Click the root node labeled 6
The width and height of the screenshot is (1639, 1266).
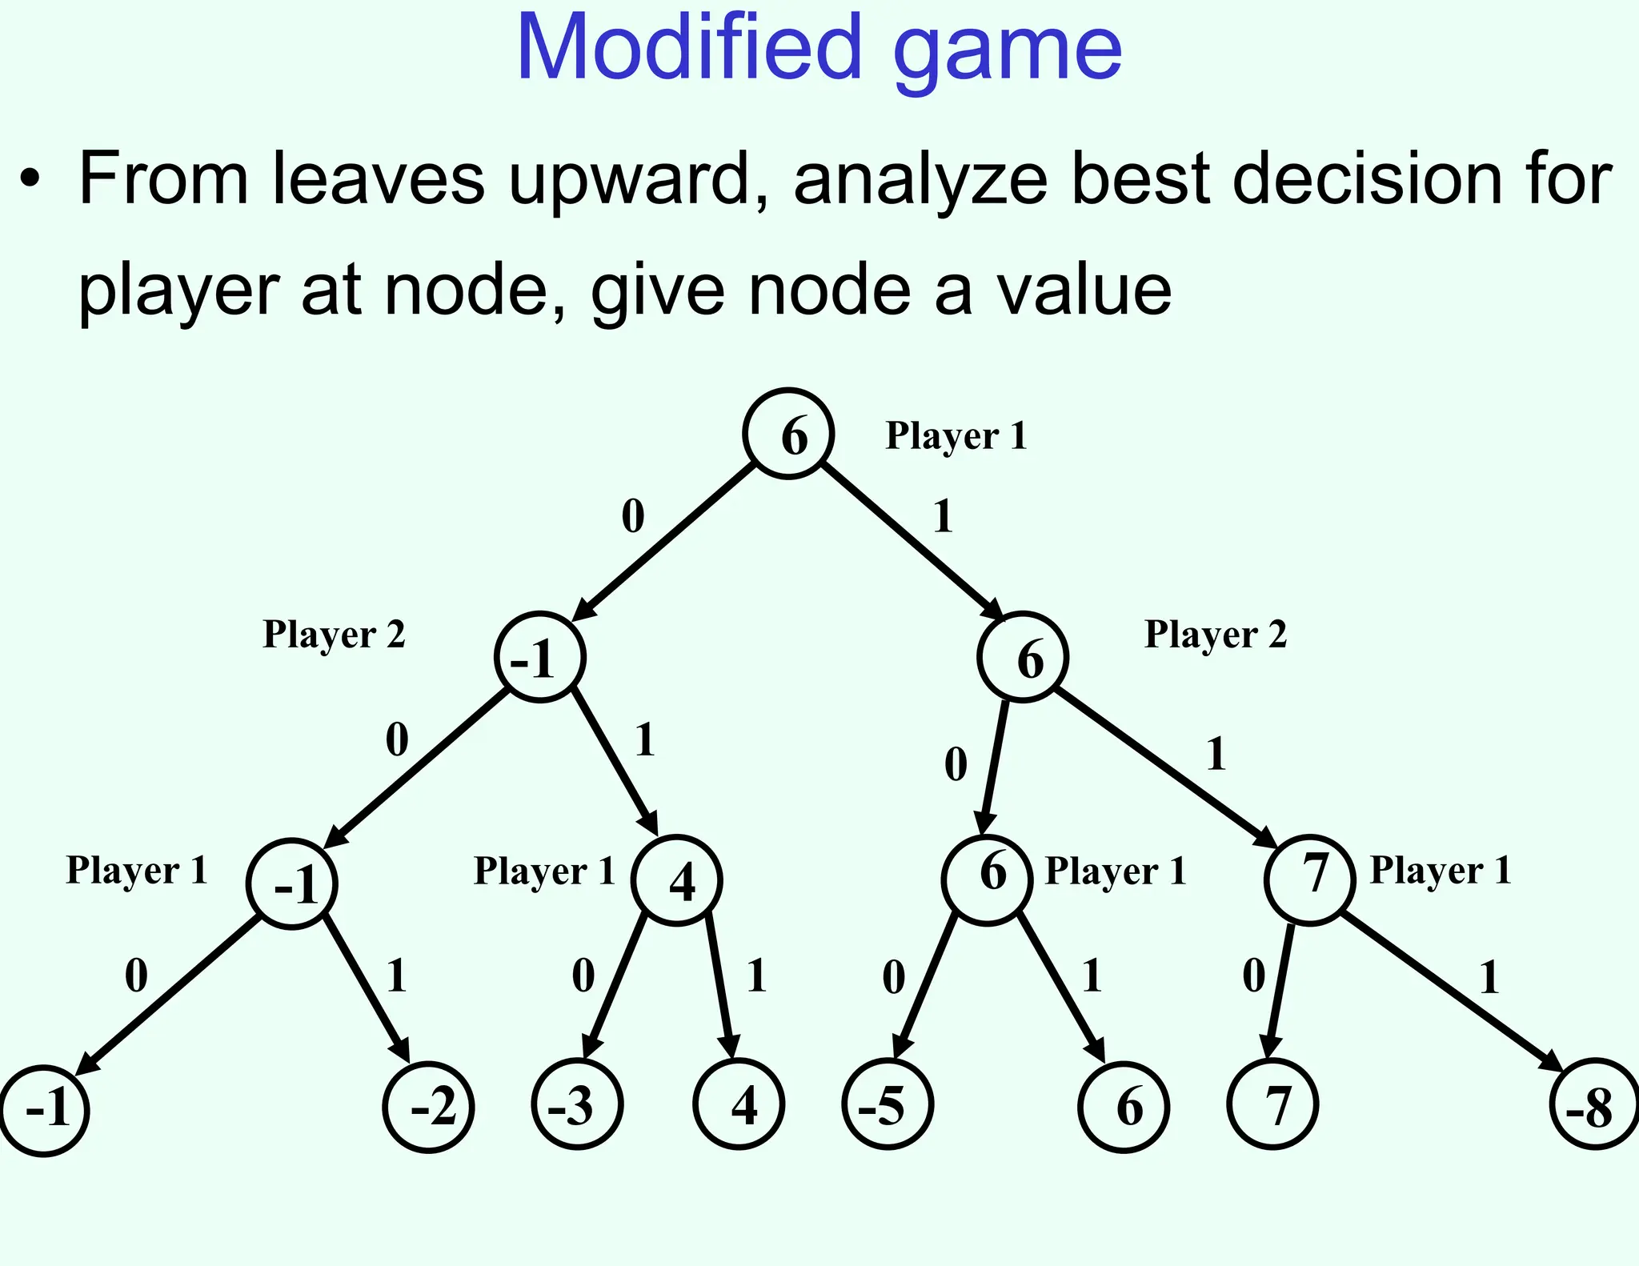click(788, 434)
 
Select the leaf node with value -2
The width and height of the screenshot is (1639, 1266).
click(429, 1108)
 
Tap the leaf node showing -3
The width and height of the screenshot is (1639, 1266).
click(577, 1105)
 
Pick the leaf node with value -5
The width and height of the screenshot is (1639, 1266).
click(888, 1105)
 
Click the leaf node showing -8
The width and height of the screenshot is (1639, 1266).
click(1594, 1105)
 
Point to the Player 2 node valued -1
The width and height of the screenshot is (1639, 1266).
click(540, 658)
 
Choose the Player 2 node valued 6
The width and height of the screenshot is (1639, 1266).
click(1022, 658)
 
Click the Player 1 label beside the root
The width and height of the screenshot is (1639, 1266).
click(956, 437)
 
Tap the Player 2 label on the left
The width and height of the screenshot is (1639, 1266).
click(334, 635)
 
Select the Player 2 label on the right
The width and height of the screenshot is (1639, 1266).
click(1215, 635)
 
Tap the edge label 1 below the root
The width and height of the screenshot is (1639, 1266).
click(943, 516)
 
